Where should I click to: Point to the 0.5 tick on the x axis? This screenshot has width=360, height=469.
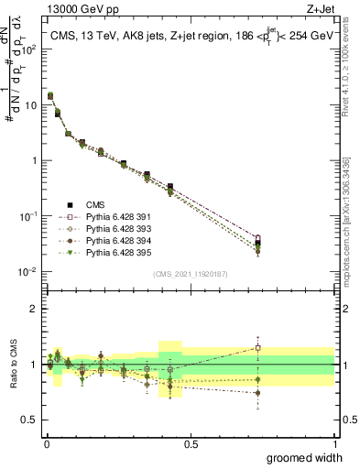tap(191, 444)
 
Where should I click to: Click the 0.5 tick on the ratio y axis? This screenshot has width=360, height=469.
tap(29, 420)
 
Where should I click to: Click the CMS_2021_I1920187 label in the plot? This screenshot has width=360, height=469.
tap(190, 274)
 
